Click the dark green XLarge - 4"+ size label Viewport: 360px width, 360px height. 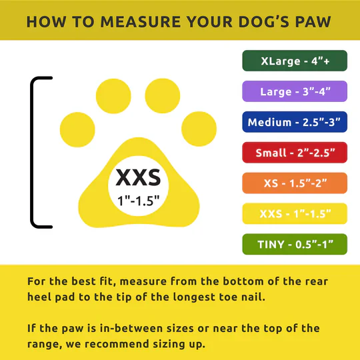tap(295, 61)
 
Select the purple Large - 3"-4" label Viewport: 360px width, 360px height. tap(295, 91)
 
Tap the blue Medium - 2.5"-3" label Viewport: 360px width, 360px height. tap(295, 122)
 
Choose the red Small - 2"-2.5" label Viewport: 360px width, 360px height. tap(295, 153)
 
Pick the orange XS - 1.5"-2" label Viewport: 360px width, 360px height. tap(295, 183)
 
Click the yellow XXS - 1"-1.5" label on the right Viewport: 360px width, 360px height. tap(295, 213)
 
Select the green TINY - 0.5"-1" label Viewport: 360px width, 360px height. tap(295, 244)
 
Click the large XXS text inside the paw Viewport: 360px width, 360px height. tap(138, 177)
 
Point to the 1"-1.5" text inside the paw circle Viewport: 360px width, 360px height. tap(138, 201)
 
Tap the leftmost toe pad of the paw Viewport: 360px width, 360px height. tap(77, 129)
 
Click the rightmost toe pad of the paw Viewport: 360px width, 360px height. tap(199, 129)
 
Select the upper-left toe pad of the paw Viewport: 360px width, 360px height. tap(113, 96)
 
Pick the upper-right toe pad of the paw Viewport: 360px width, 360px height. tap(162, 96)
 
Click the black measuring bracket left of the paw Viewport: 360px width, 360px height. tap(32, 153)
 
